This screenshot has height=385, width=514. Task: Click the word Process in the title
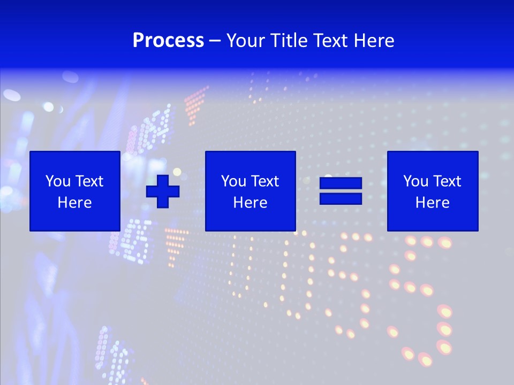pos(168,41)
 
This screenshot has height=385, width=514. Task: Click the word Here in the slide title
pos(377,41)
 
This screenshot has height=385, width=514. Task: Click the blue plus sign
pos(163,191)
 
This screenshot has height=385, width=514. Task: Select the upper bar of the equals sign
pos(341,183)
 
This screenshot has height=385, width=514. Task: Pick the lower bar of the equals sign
pos(341,198)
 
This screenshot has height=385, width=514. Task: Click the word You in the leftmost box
pos(58,181)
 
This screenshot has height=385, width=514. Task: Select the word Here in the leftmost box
pos(74,203)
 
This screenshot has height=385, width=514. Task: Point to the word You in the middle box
pos(233,181)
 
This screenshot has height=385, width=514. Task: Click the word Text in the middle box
pos(264,181)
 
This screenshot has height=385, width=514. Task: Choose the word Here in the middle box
pos(250,203)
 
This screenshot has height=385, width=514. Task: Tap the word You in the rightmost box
pos(415,181)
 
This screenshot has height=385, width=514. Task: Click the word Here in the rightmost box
pos(432,203)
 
